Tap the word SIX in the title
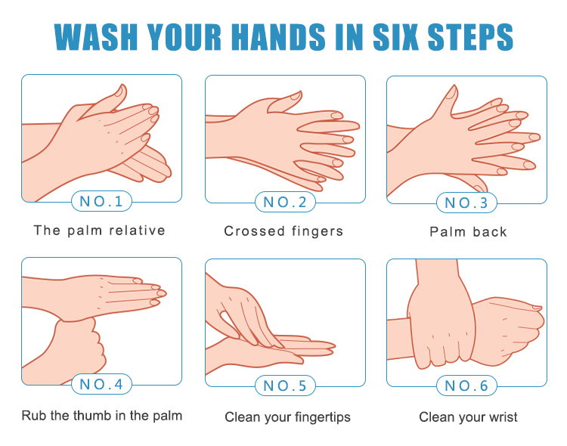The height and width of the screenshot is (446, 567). tap(395, 36)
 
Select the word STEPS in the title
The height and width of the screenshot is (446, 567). tap(470, 36)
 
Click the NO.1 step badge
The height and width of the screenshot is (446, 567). tap(101, 201)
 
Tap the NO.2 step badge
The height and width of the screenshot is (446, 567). tap(285, 202)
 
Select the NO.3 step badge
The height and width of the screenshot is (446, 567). tap(466, 203)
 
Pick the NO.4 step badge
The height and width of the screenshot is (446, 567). tap(101, 384)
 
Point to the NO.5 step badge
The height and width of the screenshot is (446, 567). tap(285, 386)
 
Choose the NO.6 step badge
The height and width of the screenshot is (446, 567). tap(466, 386)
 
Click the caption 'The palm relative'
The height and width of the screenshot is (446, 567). tap(100, 231)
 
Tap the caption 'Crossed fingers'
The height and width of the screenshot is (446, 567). tap(283, 231)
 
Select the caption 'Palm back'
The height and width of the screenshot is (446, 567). tap(468, 232)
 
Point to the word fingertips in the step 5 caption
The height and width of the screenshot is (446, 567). tap(323, 417)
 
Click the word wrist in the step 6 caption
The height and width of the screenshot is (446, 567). tap(503, 417)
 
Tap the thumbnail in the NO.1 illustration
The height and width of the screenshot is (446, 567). tap(120, 91)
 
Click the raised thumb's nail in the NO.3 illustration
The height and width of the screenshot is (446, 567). tap(451, 92)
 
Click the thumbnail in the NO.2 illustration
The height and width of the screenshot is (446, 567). tap(296, 96)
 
